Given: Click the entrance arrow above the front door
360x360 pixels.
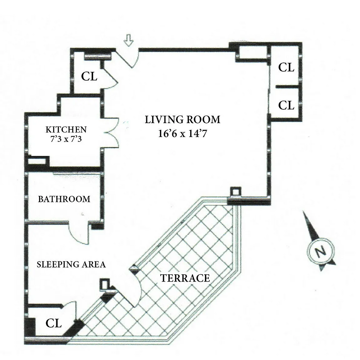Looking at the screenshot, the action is [x=128, y=40].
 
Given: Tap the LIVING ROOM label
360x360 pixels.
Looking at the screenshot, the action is [x=182, y=120].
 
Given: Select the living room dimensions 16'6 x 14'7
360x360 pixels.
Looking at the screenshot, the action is [x=182, y=133].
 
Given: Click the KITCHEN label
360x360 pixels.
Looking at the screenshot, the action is [x=66, y=129].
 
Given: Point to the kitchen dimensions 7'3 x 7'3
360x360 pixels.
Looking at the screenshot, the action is [x=66, y=139].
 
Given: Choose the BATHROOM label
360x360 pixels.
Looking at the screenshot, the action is [x=64, y=199].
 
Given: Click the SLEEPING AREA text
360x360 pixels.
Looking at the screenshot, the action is [x=71, y=264].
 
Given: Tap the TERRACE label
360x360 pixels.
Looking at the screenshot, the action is [x=185, y=278].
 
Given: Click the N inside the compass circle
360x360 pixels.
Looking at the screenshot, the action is [x=321, y=251].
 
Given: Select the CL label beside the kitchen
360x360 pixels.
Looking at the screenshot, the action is [x=89, y=76].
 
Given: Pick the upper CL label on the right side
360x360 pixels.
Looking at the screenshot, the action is [x=286, y=67].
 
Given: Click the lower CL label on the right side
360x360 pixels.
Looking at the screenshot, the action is [x=286, y=105].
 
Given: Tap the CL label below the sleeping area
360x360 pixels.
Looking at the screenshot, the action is [x=53, y=323].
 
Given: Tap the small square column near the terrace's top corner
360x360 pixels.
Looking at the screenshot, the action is [x=236, y=192].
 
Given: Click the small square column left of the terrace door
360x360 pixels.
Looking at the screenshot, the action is [x=105, y=284].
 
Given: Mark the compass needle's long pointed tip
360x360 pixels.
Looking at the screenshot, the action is [x=303, y=212].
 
